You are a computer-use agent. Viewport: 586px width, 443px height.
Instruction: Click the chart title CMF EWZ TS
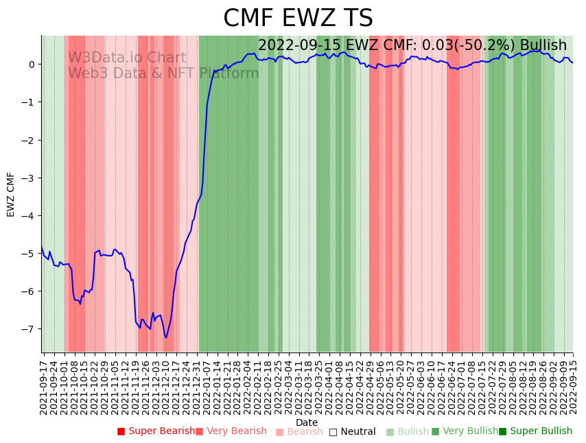[x=298, y=19]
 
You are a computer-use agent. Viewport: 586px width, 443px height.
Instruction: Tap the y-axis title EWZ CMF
[x=11, y=194]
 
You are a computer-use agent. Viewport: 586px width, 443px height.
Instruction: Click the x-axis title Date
[x=307, y=422]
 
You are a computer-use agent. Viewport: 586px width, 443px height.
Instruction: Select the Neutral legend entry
[x=352, y=431]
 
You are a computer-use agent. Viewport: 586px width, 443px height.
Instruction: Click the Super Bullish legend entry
[x=535, y=431]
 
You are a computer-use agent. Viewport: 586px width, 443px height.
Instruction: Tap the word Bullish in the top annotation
[x=543, y=45]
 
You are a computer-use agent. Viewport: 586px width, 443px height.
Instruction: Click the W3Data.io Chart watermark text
[x=127, y=58]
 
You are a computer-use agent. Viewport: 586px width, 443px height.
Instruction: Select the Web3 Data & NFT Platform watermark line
[x=163, y=73]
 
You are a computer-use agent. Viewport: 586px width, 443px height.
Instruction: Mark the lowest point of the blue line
[x=166, y=337]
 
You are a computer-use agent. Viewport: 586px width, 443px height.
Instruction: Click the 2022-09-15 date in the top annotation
[x=300, y=45]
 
